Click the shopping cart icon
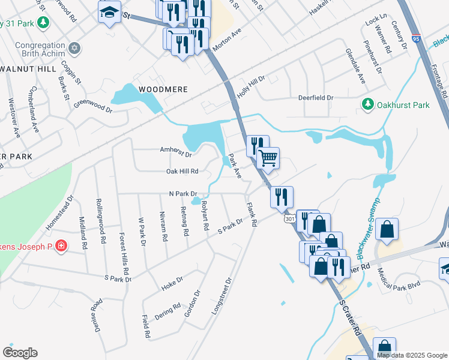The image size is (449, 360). tap(268, 158)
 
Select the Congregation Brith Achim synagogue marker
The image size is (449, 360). tap(74, 47)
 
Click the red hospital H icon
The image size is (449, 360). tap(61, 245)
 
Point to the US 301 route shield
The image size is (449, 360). tap(289, 220)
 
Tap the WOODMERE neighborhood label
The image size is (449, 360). tap(163, 89)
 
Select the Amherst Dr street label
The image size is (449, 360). tap(175, 152)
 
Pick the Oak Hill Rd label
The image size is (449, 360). tap(182, 172)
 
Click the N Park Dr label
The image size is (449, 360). tap(183, 194)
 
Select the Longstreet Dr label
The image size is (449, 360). tap(221, 296)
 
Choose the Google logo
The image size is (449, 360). tap(20, 353)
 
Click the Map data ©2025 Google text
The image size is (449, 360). tap(412, 355)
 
